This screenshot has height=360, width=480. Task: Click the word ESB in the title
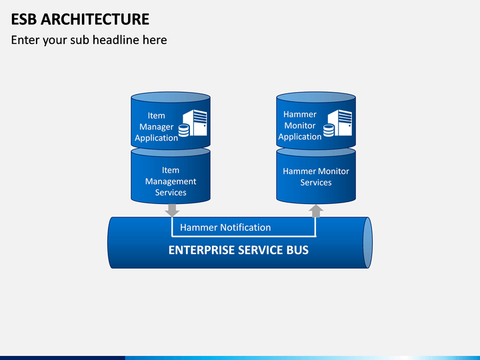coord(24,19)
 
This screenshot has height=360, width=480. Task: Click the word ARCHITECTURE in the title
coord(95,19)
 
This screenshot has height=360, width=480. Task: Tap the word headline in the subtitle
coord(116,40)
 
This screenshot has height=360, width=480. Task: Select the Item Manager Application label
coord(156,127)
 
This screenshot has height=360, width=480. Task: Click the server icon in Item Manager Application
coord(195,123)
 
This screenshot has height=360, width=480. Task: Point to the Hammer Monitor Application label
coord(300,125)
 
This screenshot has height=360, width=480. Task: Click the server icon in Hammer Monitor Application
coord(340,123)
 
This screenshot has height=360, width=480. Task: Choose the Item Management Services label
coord(171,181)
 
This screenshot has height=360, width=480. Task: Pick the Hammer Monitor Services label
coord(316,177)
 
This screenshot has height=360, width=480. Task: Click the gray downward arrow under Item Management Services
coord(172,210)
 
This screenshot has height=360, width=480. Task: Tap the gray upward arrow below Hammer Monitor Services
coord(316,211)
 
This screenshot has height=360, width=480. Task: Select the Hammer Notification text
coord(225,227)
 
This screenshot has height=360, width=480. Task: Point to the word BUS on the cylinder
coord(297,250)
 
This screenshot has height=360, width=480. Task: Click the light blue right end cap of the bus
coord(367,243)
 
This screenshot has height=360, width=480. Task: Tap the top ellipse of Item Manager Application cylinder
coord(171,97)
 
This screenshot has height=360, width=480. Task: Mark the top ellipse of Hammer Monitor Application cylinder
coord(316,97)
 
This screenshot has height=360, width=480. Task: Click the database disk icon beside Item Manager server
coord(184,131)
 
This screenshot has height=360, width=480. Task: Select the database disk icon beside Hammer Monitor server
coord(329,131)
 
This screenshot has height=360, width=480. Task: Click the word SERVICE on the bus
coord(261,250)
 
